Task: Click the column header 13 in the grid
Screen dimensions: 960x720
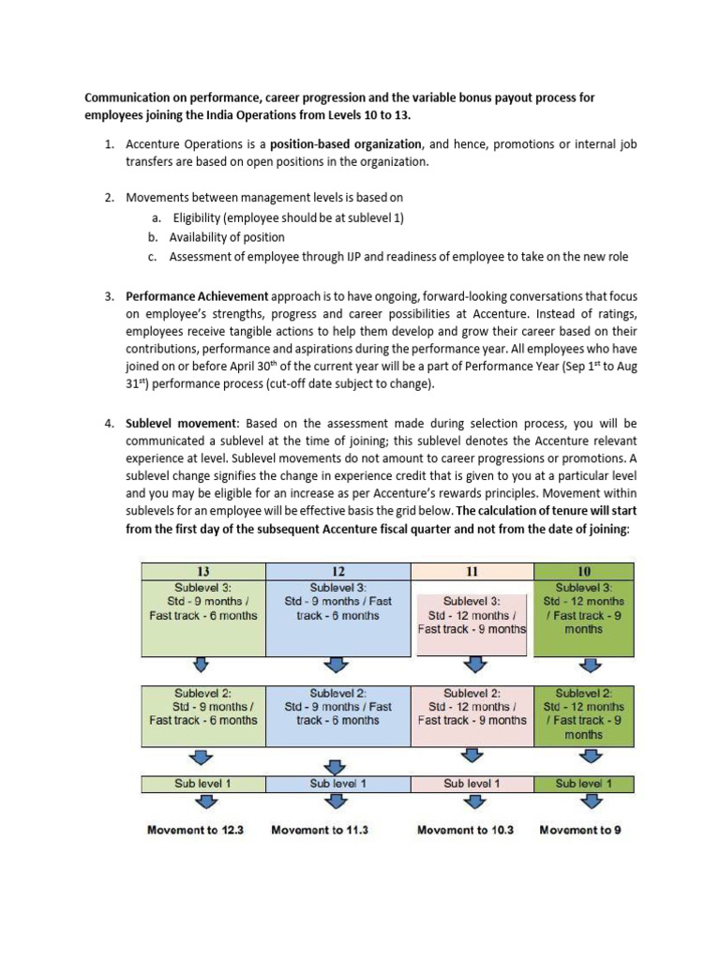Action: [202, 571]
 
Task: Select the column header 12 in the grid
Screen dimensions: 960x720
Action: [339, 571]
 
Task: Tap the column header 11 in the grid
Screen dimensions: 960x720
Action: [472, 571]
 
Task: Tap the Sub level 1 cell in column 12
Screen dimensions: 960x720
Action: [337, 783]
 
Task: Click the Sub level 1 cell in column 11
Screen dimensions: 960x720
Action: [472, 783]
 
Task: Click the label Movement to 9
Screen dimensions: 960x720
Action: [581, 830]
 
